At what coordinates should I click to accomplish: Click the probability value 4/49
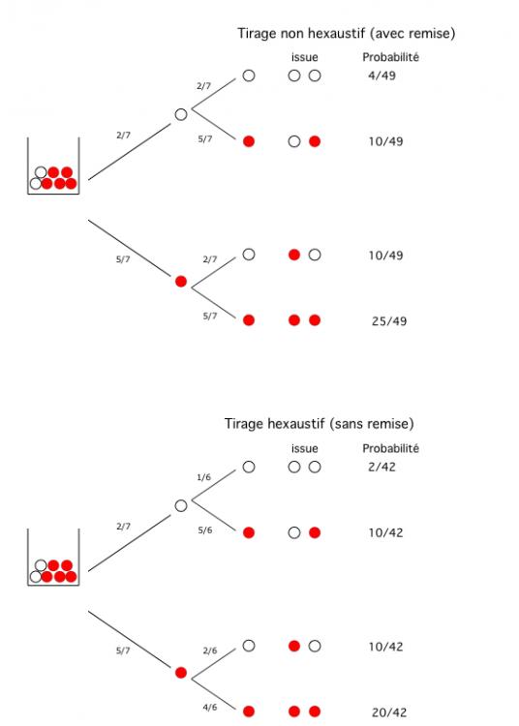[382, 76]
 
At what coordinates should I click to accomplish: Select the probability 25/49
[389, 320]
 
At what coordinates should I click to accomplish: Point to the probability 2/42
[382, 467]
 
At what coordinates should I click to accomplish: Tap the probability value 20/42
[389, 712]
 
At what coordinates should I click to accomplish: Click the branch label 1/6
[203, 477]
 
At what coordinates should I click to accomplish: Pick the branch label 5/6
[205, 530]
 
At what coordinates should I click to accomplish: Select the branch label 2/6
[210, 650]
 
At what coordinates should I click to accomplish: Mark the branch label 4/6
[210, 707]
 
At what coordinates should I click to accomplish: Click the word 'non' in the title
[291, 33]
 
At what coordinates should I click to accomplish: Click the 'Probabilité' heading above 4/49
[391, 57]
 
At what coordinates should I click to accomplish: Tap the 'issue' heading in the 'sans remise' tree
[305, 448]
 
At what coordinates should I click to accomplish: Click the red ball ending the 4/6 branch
[249, 711]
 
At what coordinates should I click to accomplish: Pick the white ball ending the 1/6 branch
[249, 467]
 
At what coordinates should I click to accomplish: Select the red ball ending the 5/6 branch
[249, 532]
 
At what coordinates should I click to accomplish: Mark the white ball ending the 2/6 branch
[249, 646]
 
